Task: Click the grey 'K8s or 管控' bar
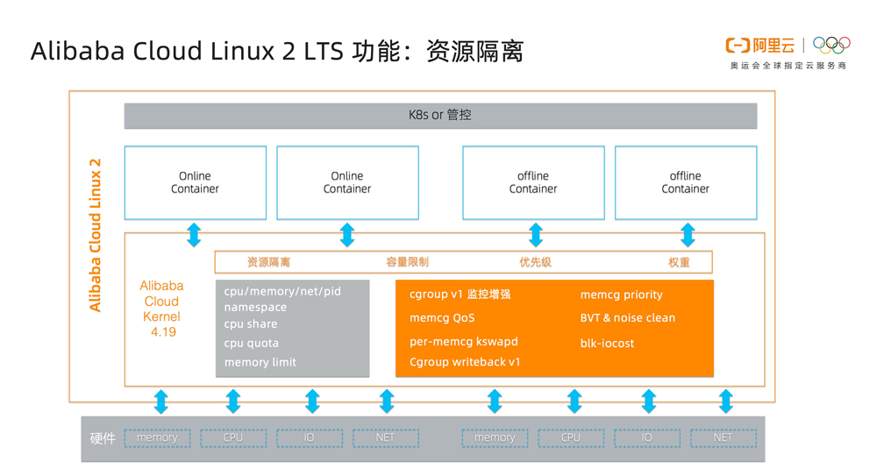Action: coord(440,116)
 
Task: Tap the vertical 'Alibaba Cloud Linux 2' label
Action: coord(96,235)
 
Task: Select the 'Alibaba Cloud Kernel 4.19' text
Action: coord(162,309)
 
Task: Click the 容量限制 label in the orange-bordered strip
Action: coord(407,262)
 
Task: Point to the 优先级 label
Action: coord(535,262)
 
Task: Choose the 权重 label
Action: coord(679,262)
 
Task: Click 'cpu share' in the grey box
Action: coord(250,324)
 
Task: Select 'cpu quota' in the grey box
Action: coord(251,344)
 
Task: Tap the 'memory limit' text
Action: coord(260,362)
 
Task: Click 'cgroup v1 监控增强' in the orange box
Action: coord(460,295)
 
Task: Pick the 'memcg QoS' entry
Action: coord(441,318)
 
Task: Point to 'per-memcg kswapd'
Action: coord(463,342)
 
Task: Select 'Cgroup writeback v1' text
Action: coord(465,362)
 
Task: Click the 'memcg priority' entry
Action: coord(621,295)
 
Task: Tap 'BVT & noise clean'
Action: coord(627,318)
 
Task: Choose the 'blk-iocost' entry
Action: coord(607,343)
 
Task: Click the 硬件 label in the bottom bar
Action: coord(103,438)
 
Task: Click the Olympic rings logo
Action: coord(831,45)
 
